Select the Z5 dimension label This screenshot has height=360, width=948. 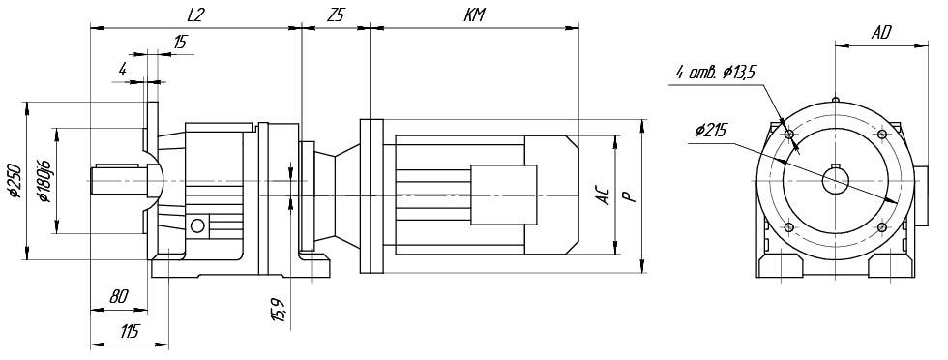pos(335,16)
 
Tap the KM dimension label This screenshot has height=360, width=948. pos(474,16)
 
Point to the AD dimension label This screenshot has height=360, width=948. pos(881,33)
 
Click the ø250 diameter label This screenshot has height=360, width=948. pos(14,180)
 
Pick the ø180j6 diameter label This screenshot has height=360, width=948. pos(43,181)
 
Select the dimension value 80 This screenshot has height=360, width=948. pos(119,296)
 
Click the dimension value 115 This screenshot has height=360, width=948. pos(129,331)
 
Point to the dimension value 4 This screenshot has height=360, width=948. pos(123,70)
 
